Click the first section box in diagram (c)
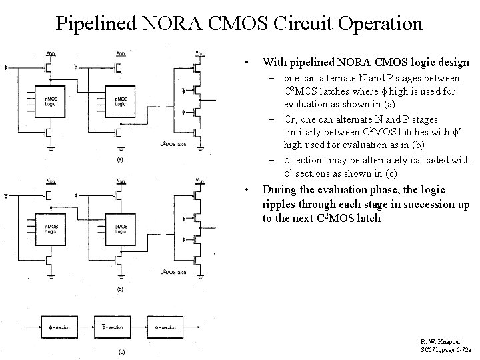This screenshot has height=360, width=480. [59, 327]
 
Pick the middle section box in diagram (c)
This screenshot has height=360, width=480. [111, 327]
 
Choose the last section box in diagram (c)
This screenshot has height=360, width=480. [165, 327]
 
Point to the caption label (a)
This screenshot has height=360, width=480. [119, 160]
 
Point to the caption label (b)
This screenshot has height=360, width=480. [119, 288]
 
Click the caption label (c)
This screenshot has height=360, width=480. [119, 351]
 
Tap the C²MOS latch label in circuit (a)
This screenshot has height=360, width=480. [172, 144]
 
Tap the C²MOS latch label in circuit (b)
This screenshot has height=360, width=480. [172, 272]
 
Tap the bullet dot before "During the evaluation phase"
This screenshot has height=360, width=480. [247, 189]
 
